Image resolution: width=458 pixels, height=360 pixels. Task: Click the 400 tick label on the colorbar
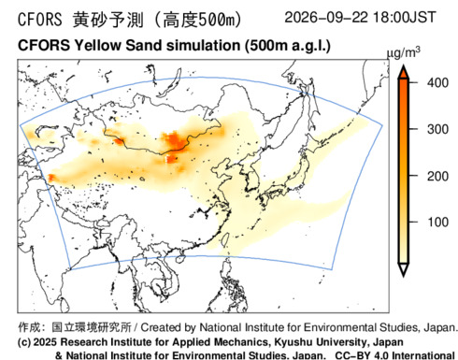[437, 83]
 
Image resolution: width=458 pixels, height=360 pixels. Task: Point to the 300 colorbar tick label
[437, 129]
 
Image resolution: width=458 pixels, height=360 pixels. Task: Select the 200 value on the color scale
[437, 177]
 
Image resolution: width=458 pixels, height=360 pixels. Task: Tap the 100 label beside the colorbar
[437, 223]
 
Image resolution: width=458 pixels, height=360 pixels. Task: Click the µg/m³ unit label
[403, 53]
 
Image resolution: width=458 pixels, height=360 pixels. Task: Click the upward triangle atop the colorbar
[404, 72]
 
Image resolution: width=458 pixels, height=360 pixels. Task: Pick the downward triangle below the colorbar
[404, 269]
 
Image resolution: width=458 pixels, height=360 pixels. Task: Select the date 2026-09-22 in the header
[326, 17]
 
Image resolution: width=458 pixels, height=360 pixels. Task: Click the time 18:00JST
[405, 17]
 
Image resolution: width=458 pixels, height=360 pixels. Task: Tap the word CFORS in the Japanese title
[40, 20]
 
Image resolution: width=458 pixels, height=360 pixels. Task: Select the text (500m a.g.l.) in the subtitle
[287, 46]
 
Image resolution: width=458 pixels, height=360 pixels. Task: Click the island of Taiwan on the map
[225, 239]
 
